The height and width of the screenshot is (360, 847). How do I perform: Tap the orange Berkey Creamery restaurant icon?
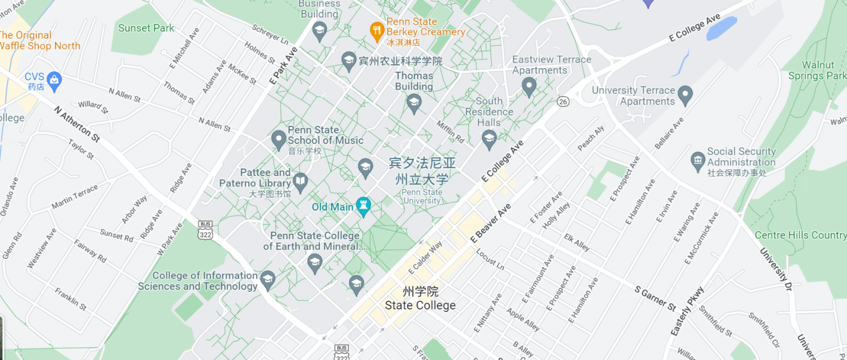pos(376,30)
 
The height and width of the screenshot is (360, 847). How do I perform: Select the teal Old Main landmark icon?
pos(364,206)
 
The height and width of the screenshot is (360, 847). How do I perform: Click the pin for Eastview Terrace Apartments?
pos(529,87)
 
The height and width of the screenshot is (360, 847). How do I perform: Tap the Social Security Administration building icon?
pos(698,160)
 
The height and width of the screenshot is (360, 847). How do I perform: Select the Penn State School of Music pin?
pos(279,139)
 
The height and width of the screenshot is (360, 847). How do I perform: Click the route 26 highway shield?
pos(563,102)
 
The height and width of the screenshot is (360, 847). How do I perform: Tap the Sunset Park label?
pos(147,28)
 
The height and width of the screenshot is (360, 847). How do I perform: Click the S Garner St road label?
pos(655,299)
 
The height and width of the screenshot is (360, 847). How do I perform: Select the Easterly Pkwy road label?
pos(687,311)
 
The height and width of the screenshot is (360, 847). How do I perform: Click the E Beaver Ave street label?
pos(491,223)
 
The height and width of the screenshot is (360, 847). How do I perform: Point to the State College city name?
pos(420,305)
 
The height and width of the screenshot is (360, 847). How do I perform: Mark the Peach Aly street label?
pos(591,137)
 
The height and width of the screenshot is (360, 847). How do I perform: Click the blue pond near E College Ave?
pos(721,28)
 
